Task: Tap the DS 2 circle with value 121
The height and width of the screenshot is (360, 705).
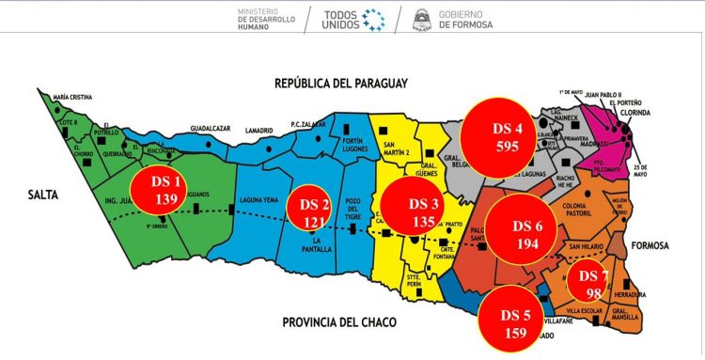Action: pos(316,213)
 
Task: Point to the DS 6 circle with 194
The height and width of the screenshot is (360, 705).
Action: pos(526,234)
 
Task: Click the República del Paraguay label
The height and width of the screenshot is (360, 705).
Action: pos(341,84)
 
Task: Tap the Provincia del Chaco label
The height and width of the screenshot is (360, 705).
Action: pos(339,322)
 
